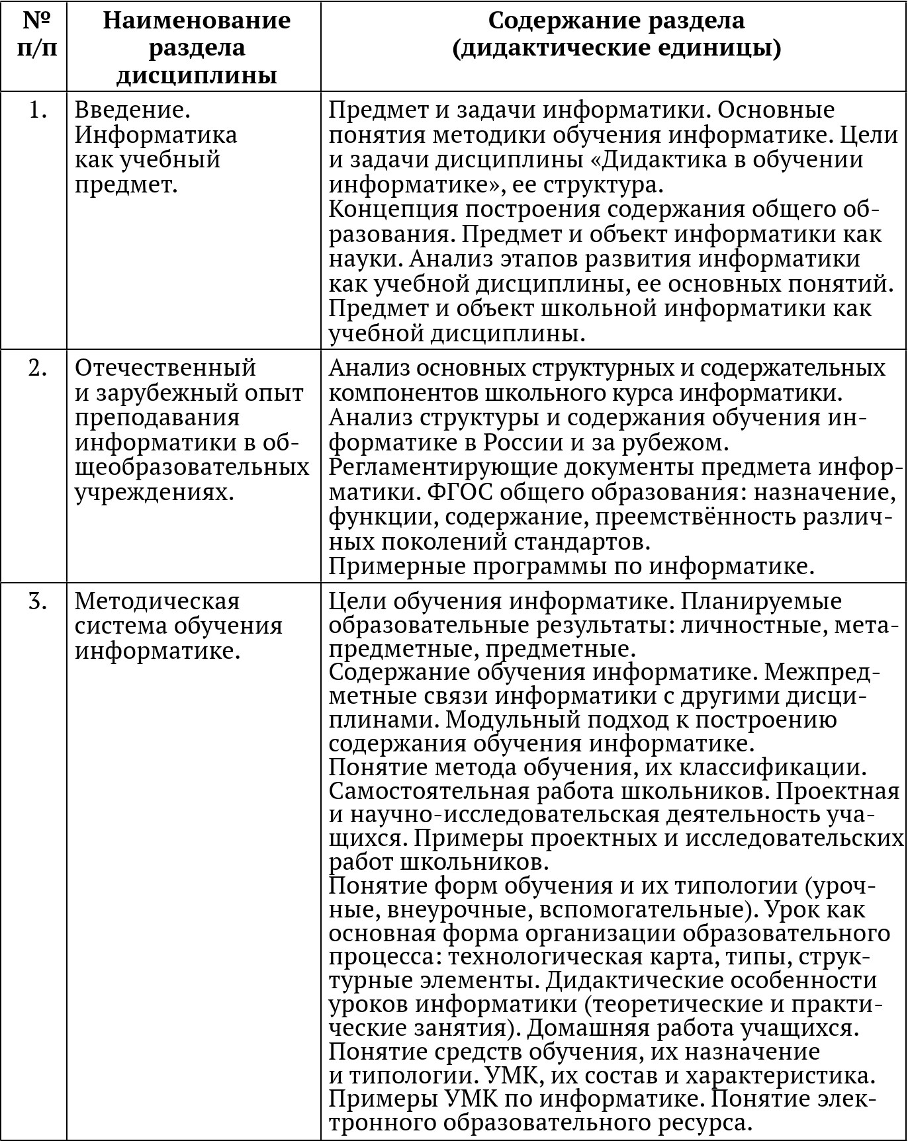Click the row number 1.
(38, 110)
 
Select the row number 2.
(38, 368)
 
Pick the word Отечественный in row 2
(165, 367)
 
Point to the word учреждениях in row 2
(155, 493)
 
